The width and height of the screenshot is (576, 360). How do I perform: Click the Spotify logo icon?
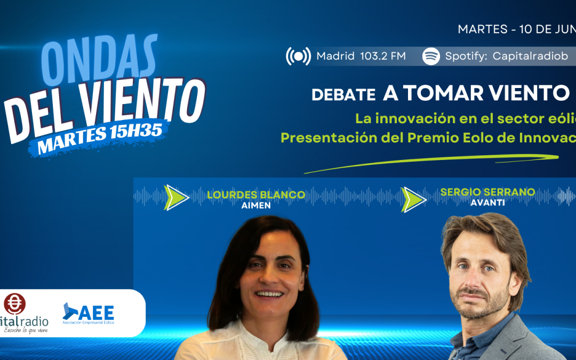(x=431, y=56)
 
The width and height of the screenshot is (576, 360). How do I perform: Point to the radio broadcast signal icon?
(x=298, y=56)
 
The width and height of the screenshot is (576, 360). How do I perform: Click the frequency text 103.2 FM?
(x=383, y=56)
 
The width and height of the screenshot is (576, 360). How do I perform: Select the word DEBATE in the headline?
(x=343, y=95)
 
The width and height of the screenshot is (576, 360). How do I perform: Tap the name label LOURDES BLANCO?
(x=255, y=195)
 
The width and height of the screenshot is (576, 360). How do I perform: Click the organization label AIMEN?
(x=255, y=205)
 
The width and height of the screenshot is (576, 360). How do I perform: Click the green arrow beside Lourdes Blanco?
(x=176, y=197)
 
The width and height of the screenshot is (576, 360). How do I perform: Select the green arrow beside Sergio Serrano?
(x=413, y=198)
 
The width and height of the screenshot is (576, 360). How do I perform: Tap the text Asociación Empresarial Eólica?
(x=89, y=323)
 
